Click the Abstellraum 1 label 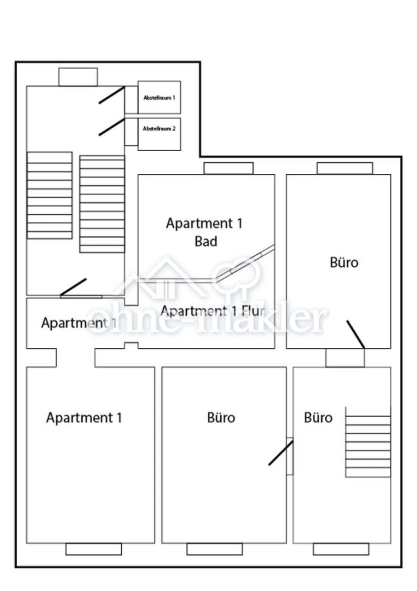(x=159, y=98)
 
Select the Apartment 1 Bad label (x=205, y=232)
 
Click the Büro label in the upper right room (x=344, y=263)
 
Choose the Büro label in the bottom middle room (x=221, y=418)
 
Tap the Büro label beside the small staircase (x=318, y=418)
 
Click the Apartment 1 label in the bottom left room (x=84, y=418)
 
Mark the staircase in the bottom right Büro (x=368, y=445)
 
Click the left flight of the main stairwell (x=49, y=195)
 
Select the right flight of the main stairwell (x=102, y=204)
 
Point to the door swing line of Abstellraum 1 (x=111, y=95)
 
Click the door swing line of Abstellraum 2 (x=111, y=127)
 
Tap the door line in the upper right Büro (x=355, y=334)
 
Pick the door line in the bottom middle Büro (x=281, y=452)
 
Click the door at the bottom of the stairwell (x=73, y=288)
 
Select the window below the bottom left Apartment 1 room (x=93, y=549)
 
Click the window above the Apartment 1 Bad (x=228, y=168)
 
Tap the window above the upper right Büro (x=345, y=168)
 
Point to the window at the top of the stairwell (x=78, y=77)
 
